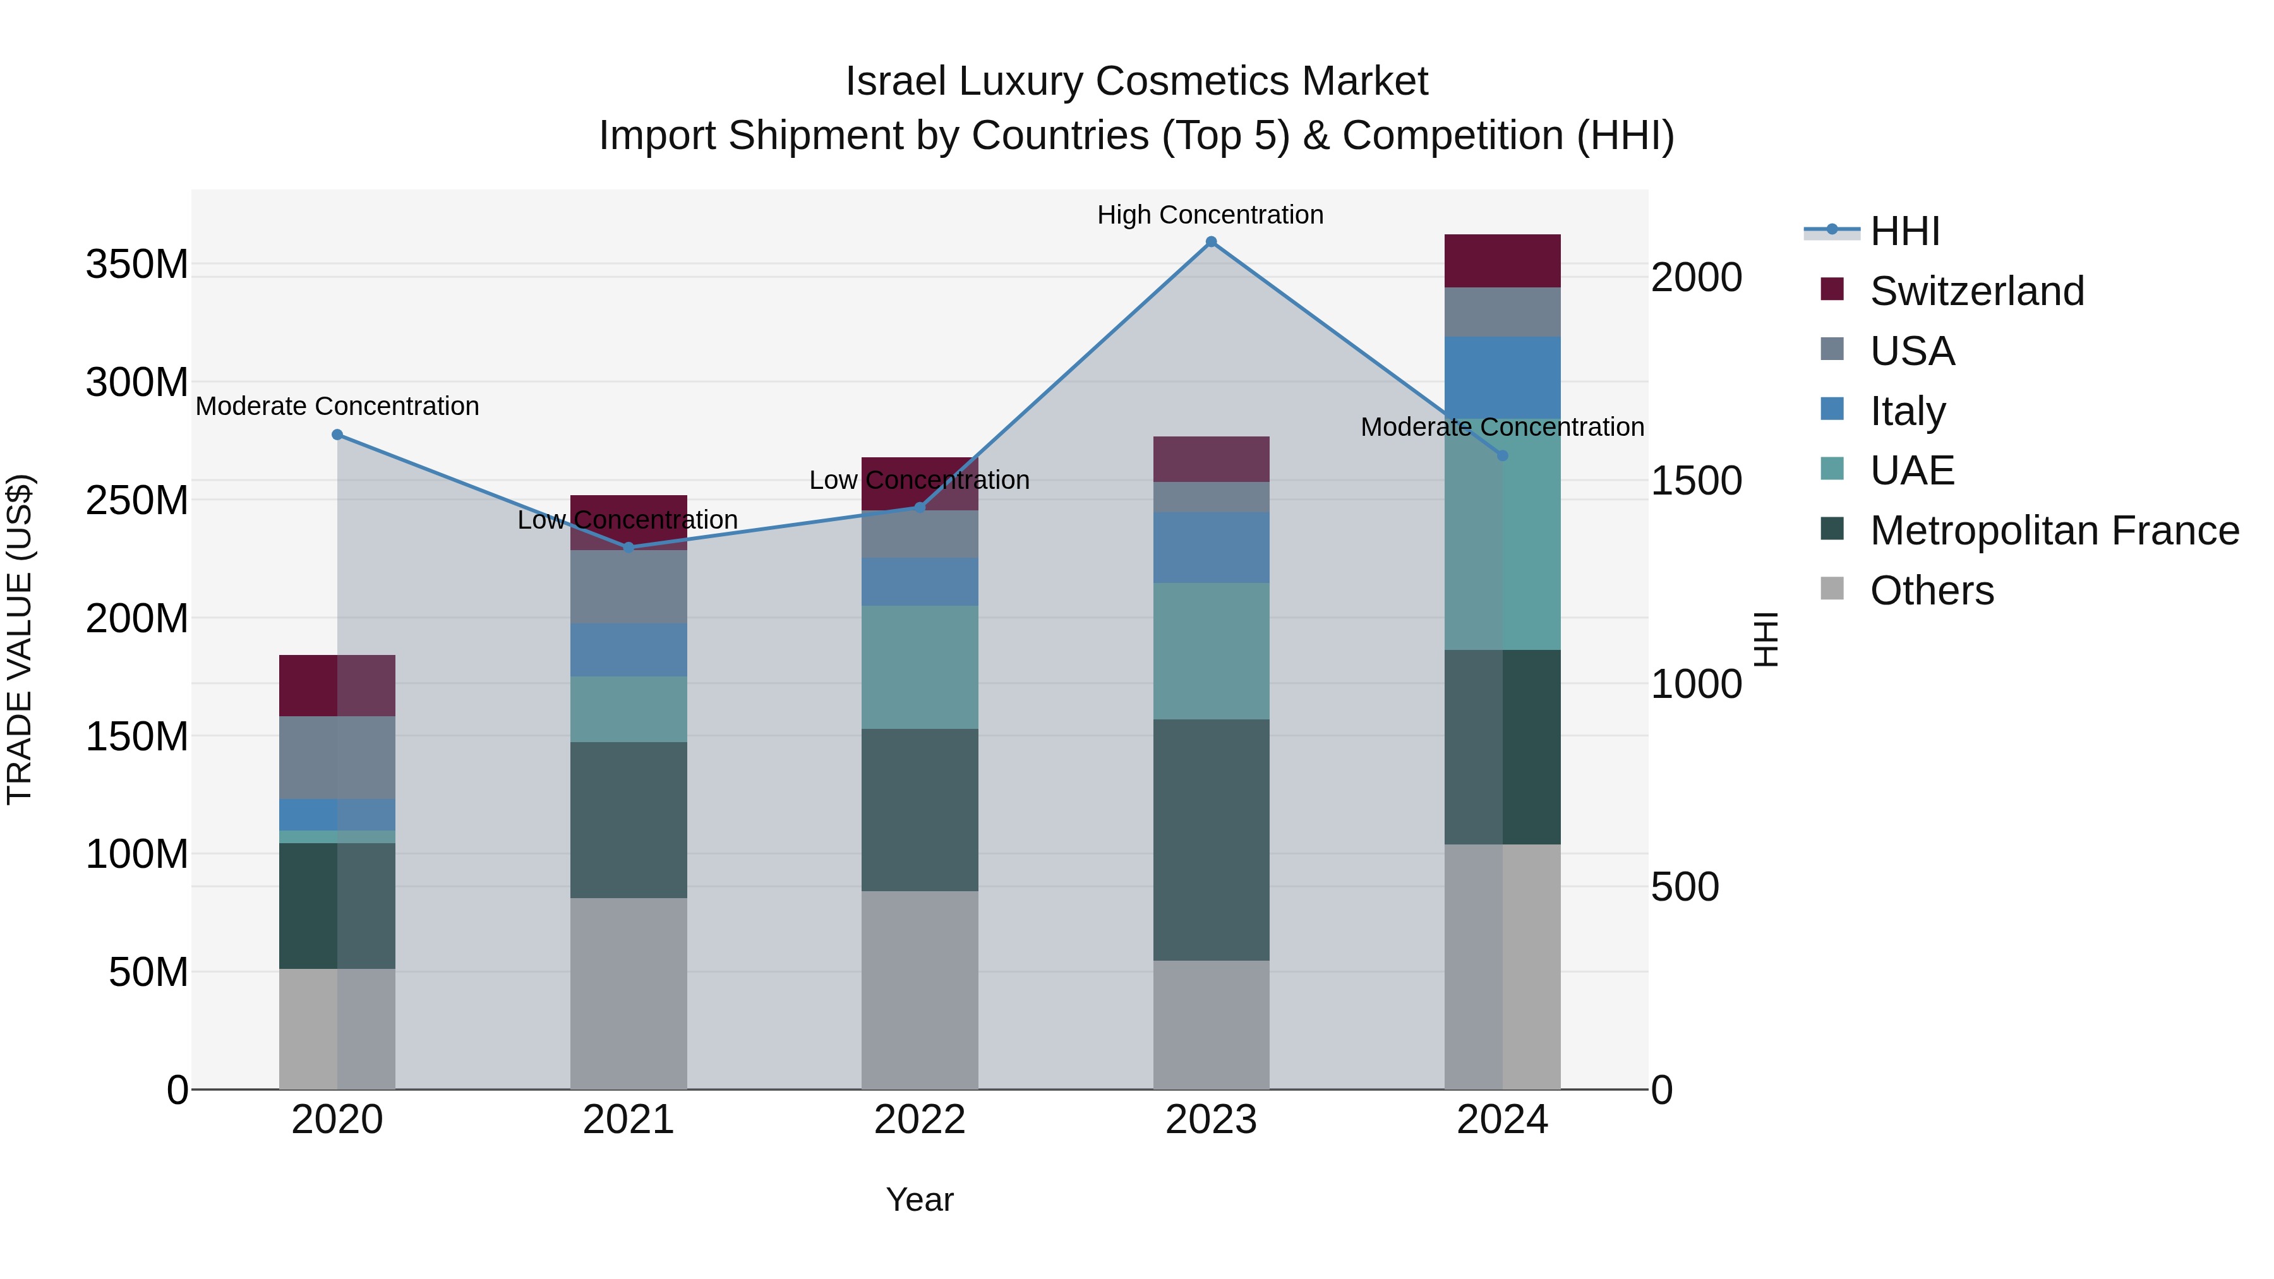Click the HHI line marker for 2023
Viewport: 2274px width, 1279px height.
tap(1211, 242)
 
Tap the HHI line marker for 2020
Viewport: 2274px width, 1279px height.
tap(337, 435)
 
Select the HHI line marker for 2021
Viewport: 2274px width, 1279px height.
tap(629, 547)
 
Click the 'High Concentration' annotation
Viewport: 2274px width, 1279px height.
tap(1210, 215)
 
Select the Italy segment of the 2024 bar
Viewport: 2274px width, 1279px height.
tap(1503, 377)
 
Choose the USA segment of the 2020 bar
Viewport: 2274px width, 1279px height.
tap(337, 757)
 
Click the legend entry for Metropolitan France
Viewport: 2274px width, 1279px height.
tap(2054, 531)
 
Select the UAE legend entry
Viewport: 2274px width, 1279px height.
tap(1911, 471)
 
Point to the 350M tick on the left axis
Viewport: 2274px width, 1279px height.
tap(137, 264)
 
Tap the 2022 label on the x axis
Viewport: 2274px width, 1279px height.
tap(920, 1119)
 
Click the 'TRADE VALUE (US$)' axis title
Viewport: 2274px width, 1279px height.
tap(20, 639)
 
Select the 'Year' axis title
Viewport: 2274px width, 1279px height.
tap(920, 1199)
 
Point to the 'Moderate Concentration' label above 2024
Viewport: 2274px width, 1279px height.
tap(1503, 426)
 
